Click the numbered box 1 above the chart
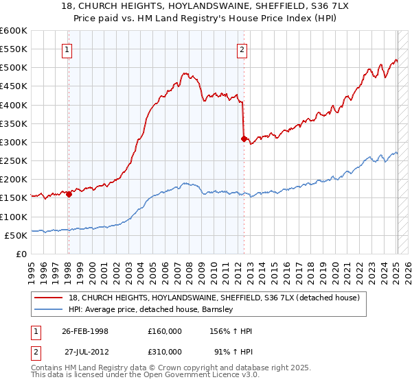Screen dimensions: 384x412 [x=67, y=49]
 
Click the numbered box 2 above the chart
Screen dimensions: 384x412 [x=243, y=49]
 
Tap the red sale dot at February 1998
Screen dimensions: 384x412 [x=69, y=194]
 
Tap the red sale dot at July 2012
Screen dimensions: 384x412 [x=244, y=139]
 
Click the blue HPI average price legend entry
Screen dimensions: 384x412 [x=151, y=309]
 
